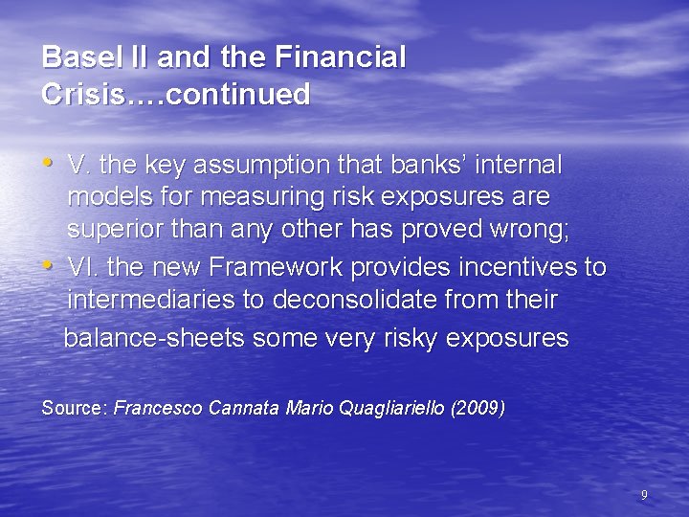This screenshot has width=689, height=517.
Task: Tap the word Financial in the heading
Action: click(x=341, y=57)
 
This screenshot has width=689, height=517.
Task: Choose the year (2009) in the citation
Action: click(x=478, y=409)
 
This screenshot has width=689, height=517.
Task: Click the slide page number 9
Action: click(x=644, y=495)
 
